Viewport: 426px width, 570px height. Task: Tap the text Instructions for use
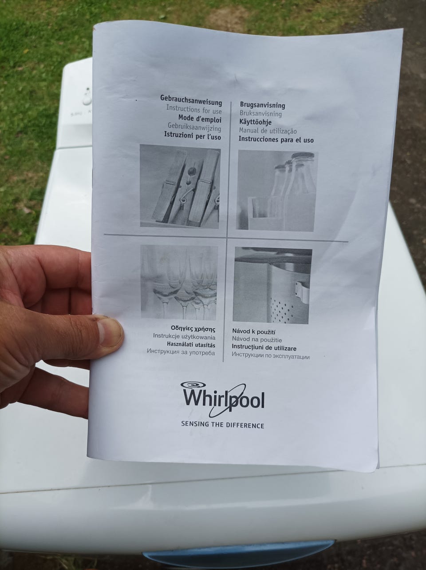click(194, 109)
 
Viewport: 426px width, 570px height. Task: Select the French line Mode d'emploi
click(200, 119)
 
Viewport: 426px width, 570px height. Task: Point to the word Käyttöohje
click(256, 122)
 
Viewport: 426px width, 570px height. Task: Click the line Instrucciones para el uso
click(276, 140)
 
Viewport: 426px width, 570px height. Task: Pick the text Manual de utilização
click(268, 131)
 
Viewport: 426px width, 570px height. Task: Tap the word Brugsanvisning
click(262, 105)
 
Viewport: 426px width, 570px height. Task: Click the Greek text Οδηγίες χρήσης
click(193, 330)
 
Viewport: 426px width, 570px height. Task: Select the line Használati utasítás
click(191, 345)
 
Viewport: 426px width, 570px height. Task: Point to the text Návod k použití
click(253, 331)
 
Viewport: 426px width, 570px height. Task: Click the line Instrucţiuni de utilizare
click(264, 347)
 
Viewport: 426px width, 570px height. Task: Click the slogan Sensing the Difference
click(222, 425)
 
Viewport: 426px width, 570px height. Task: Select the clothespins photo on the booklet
click(180, 186)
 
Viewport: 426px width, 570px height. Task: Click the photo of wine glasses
click(179, 283)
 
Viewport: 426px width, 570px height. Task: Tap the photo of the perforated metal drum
click(272, 285)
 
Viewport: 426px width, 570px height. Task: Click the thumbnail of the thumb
click(110, 333)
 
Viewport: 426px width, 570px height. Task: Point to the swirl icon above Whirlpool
click(193, 385)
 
